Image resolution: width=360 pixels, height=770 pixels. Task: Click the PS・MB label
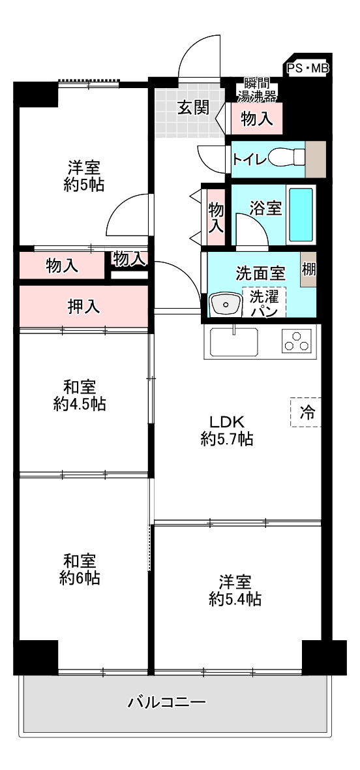click(x=308, y=67)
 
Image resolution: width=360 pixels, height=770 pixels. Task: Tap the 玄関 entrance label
click(x=193, y=108)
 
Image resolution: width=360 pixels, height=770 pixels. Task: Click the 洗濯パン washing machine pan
click(x=264, y=303)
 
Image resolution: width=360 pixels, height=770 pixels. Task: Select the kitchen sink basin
click(x=232, y=341)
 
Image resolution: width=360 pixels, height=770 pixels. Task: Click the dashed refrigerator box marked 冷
click(x=306, y=412)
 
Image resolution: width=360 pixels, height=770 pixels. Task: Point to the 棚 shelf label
click(x=308, y=269)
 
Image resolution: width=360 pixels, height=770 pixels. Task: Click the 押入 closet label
click(x=84, y=306)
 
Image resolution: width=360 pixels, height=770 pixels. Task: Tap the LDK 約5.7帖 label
click(x=226, y=430)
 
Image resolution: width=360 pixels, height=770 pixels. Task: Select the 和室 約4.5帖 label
click(x=80, y=395)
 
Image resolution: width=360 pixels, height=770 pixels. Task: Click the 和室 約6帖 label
click(x=80, y=569)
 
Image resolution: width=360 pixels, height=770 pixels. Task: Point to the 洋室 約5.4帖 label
click(x=235, y=590)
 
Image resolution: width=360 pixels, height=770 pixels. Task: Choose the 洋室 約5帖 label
click(x=83, y=175)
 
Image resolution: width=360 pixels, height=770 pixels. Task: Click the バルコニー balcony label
click(x=166, y=703)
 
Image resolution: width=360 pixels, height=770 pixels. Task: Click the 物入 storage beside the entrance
click(x=256, y=119)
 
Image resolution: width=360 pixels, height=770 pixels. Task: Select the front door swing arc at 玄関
click(x=199, y=55)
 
